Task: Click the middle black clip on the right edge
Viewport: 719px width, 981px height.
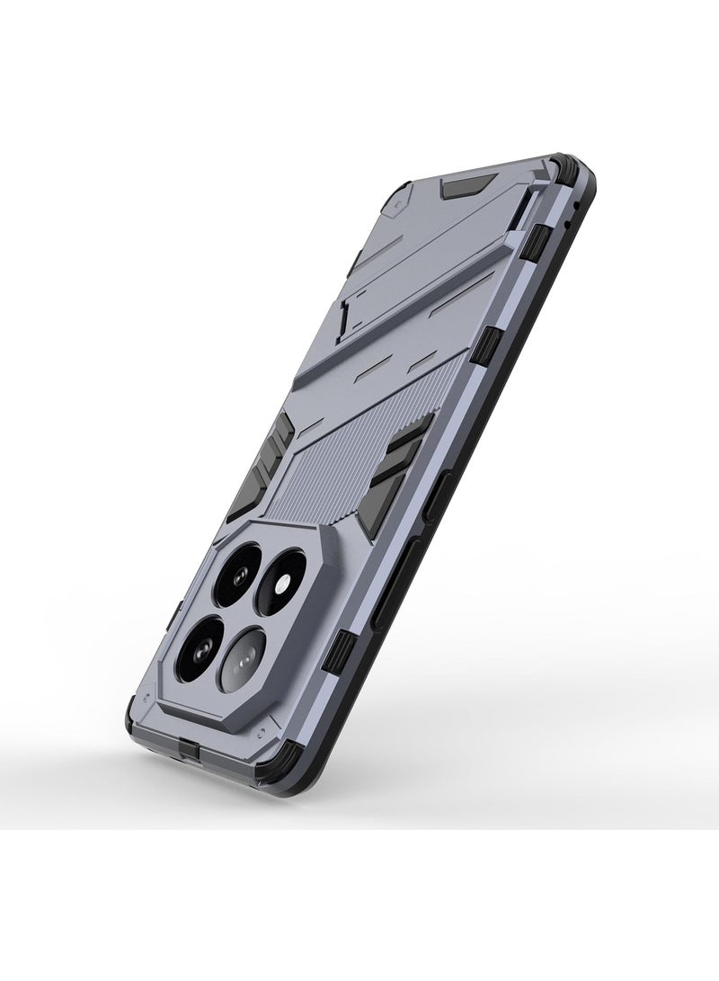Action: pyautogui.click(x=493, y=345)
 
